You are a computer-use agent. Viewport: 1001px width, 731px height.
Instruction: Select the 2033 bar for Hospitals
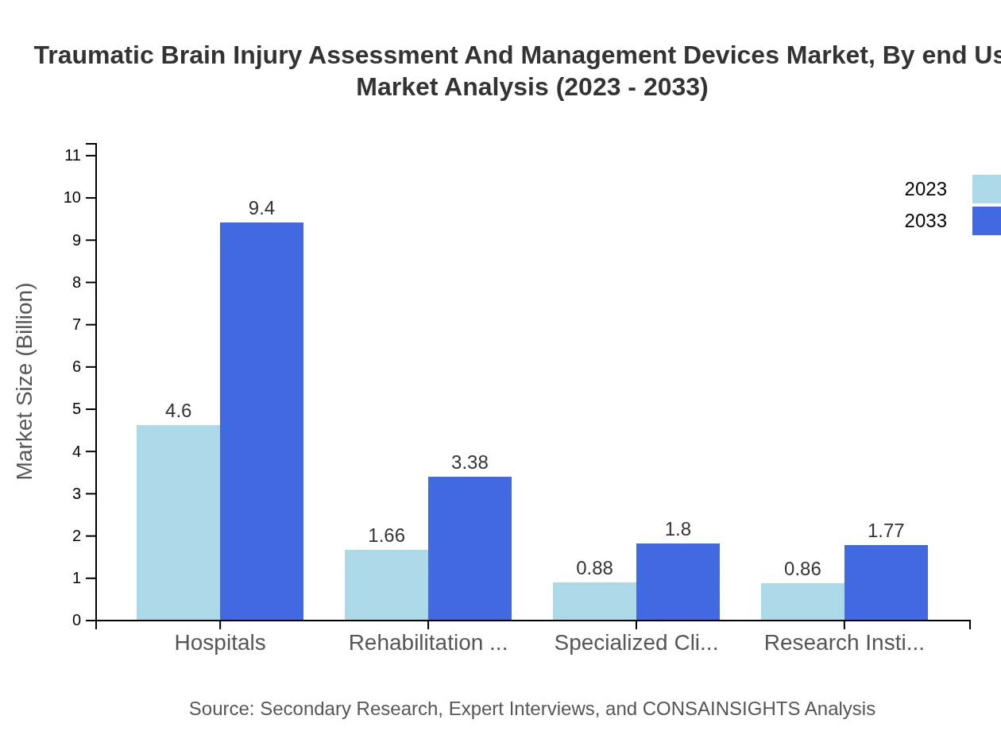(x=261, y=421)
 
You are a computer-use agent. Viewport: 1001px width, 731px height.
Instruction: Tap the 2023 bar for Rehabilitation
(x=386, y=585)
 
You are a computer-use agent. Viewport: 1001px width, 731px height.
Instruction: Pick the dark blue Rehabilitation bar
(x=470, y=548)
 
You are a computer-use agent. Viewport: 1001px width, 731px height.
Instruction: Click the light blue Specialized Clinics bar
(x=594, y=601)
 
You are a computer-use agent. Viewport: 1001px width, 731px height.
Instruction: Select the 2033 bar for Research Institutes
(x=886, y=582)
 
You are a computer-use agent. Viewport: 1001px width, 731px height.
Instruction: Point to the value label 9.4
(x=261, y=208)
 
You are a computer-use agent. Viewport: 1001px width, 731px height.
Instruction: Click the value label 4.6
(x=178, y=411)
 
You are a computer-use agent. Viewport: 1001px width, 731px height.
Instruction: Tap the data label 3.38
(x=470, y=462)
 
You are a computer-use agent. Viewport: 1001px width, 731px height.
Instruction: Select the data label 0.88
(x=594, y=568)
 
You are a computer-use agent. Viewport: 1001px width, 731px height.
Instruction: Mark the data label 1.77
(x=886, y=531)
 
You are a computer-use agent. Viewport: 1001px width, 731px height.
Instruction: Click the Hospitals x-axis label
(x=220, y=643)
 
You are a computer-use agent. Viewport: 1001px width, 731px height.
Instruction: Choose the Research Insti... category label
(x=844, y=643)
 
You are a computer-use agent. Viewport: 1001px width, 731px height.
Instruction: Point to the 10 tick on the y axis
(x=72, y=198)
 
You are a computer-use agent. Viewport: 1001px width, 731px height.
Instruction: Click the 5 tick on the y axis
(x=76, y=409)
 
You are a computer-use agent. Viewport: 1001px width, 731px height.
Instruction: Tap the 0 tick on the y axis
(x=76, y=621)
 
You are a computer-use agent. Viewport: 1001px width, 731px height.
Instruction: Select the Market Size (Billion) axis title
(x=25, y=381)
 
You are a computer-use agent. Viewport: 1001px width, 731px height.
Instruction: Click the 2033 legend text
(x=926, y=221)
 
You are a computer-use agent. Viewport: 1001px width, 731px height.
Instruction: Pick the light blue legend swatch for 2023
(x=986, y=189)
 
